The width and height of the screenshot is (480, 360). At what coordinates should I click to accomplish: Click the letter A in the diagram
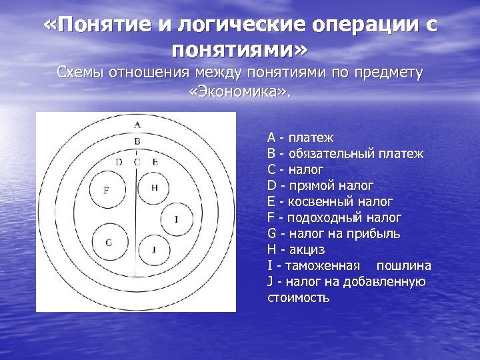coord(137,125)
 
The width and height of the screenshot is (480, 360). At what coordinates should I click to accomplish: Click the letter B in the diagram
coord(137,141)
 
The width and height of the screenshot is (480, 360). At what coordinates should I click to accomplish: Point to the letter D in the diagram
coord(119,161)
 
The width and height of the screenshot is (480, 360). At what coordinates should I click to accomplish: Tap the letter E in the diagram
coord(155,161)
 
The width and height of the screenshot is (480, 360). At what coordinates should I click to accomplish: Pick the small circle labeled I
coord(175,219)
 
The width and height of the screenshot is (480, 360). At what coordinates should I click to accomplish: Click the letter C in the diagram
coord(137,161)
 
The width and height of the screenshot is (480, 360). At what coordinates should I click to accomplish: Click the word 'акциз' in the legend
coord(307,249)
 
